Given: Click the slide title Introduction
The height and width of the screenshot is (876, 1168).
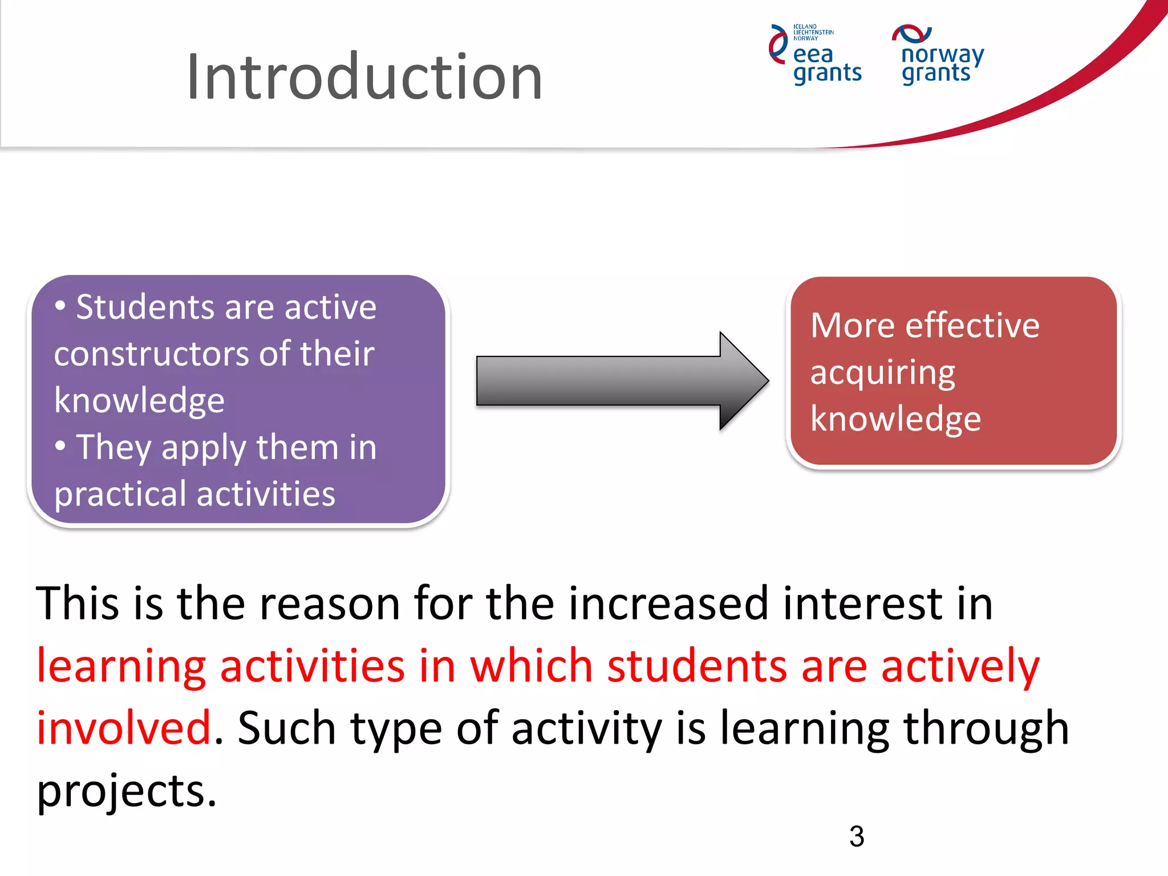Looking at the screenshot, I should [364, 77].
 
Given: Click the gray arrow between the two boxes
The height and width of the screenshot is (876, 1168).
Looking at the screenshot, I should [622, 381].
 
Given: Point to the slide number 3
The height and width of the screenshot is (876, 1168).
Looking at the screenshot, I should [857, 837].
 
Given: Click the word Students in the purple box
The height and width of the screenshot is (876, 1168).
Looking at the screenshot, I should [147, 307].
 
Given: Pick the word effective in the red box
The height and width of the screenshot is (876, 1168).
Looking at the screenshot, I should [972, 326].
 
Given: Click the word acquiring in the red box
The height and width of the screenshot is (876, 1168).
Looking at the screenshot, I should [883, 374].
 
